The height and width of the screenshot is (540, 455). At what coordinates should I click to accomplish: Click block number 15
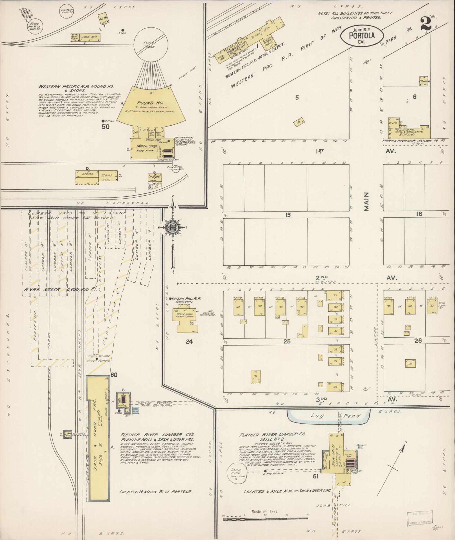coord(287,215)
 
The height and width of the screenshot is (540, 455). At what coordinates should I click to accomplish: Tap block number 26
coord(418,341)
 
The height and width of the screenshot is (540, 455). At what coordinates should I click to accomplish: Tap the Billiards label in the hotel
coord(412,135)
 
